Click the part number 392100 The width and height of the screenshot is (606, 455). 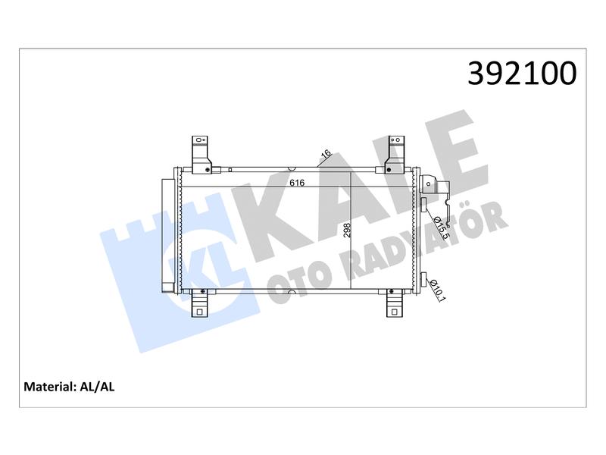point(522,73)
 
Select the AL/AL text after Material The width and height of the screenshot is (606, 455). point(97,387)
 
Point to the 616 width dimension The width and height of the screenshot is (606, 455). point(297,183)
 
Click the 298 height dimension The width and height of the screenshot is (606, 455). point(347,231)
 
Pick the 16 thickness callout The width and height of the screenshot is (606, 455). point(326,154)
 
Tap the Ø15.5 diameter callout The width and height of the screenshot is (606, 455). point(441,227)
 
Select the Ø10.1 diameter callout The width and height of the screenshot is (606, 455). point(438,290)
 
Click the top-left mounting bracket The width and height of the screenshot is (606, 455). point(201,155)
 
